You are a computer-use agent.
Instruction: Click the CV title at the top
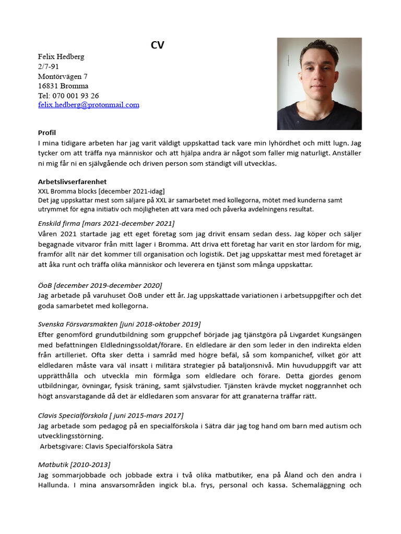[157, 45]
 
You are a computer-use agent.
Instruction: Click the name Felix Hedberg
[61, 56]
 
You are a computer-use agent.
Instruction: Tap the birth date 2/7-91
[49, 66]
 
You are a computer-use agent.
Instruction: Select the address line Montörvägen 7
[63, 76]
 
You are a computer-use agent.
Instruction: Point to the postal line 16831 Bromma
[63, 86]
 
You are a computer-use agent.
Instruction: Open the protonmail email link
[89, 105]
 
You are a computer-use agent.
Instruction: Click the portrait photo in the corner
[319, 83]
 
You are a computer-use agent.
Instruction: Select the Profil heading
[47, 132]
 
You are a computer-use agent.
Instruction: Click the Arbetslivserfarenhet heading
[73, 182]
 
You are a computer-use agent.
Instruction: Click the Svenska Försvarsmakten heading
[119, 324]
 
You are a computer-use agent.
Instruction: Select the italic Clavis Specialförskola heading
[111, 416]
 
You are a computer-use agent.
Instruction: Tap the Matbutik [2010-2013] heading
[74, 465]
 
